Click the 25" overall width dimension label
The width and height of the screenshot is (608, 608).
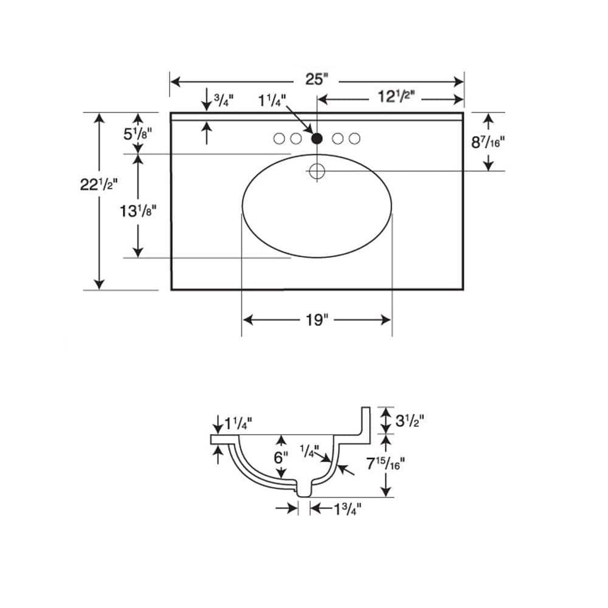[x=316, y=79]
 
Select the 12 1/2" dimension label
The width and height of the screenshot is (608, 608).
[x=396, y=96]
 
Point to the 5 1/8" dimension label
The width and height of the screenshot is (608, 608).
[x=137, y=134]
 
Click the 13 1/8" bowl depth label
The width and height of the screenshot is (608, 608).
[x=137, y=210]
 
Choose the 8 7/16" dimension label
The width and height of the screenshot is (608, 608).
[x=488, y=142]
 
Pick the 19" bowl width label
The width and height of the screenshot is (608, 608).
[x=317, y=320]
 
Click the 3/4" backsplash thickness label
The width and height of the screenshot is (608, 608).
[x=224, y=100]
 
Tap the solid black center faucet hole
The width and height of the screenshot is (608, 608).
[x=317, y=139]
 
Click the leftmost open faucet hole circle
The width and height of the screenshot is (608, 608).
[x=279, y=139]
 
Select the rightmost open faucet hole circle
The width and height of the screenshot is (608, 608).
[x=354, y=139]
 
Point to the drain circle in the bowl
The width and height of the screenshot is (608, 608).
[x=317, y=171]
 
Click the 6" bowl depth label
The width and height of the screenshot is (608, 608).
[x=281, y=458]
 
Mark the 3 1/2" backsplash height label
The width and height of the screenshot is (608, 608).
[x=409, y=420]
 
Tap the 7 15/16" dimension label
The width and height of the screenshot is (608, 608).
[x=386, y=463]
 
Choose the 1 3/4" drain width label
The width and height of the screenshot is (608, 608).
[x=348, y=509]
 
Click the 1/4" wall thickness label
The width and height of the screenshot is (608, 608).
[x=309, y=451]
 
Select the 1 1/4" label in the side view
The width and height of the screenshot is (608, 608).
[x=238, y=423]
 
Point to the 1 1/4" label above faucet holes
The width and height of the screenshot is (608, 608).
[x=272, y=101]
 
